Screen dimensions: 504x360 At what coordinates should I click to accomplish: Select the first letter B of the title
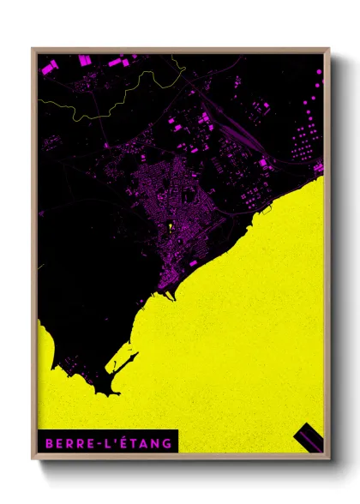click(48, 443)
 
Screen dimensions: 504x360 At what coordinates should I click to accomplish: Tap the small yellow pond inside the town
click(171, 227)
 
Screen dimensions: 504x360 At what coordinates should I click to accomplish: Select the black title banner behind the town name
click(107, 443)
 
